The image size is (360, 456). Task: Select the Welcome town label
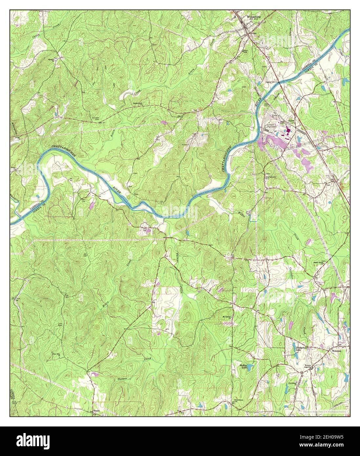coord(338,351)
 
